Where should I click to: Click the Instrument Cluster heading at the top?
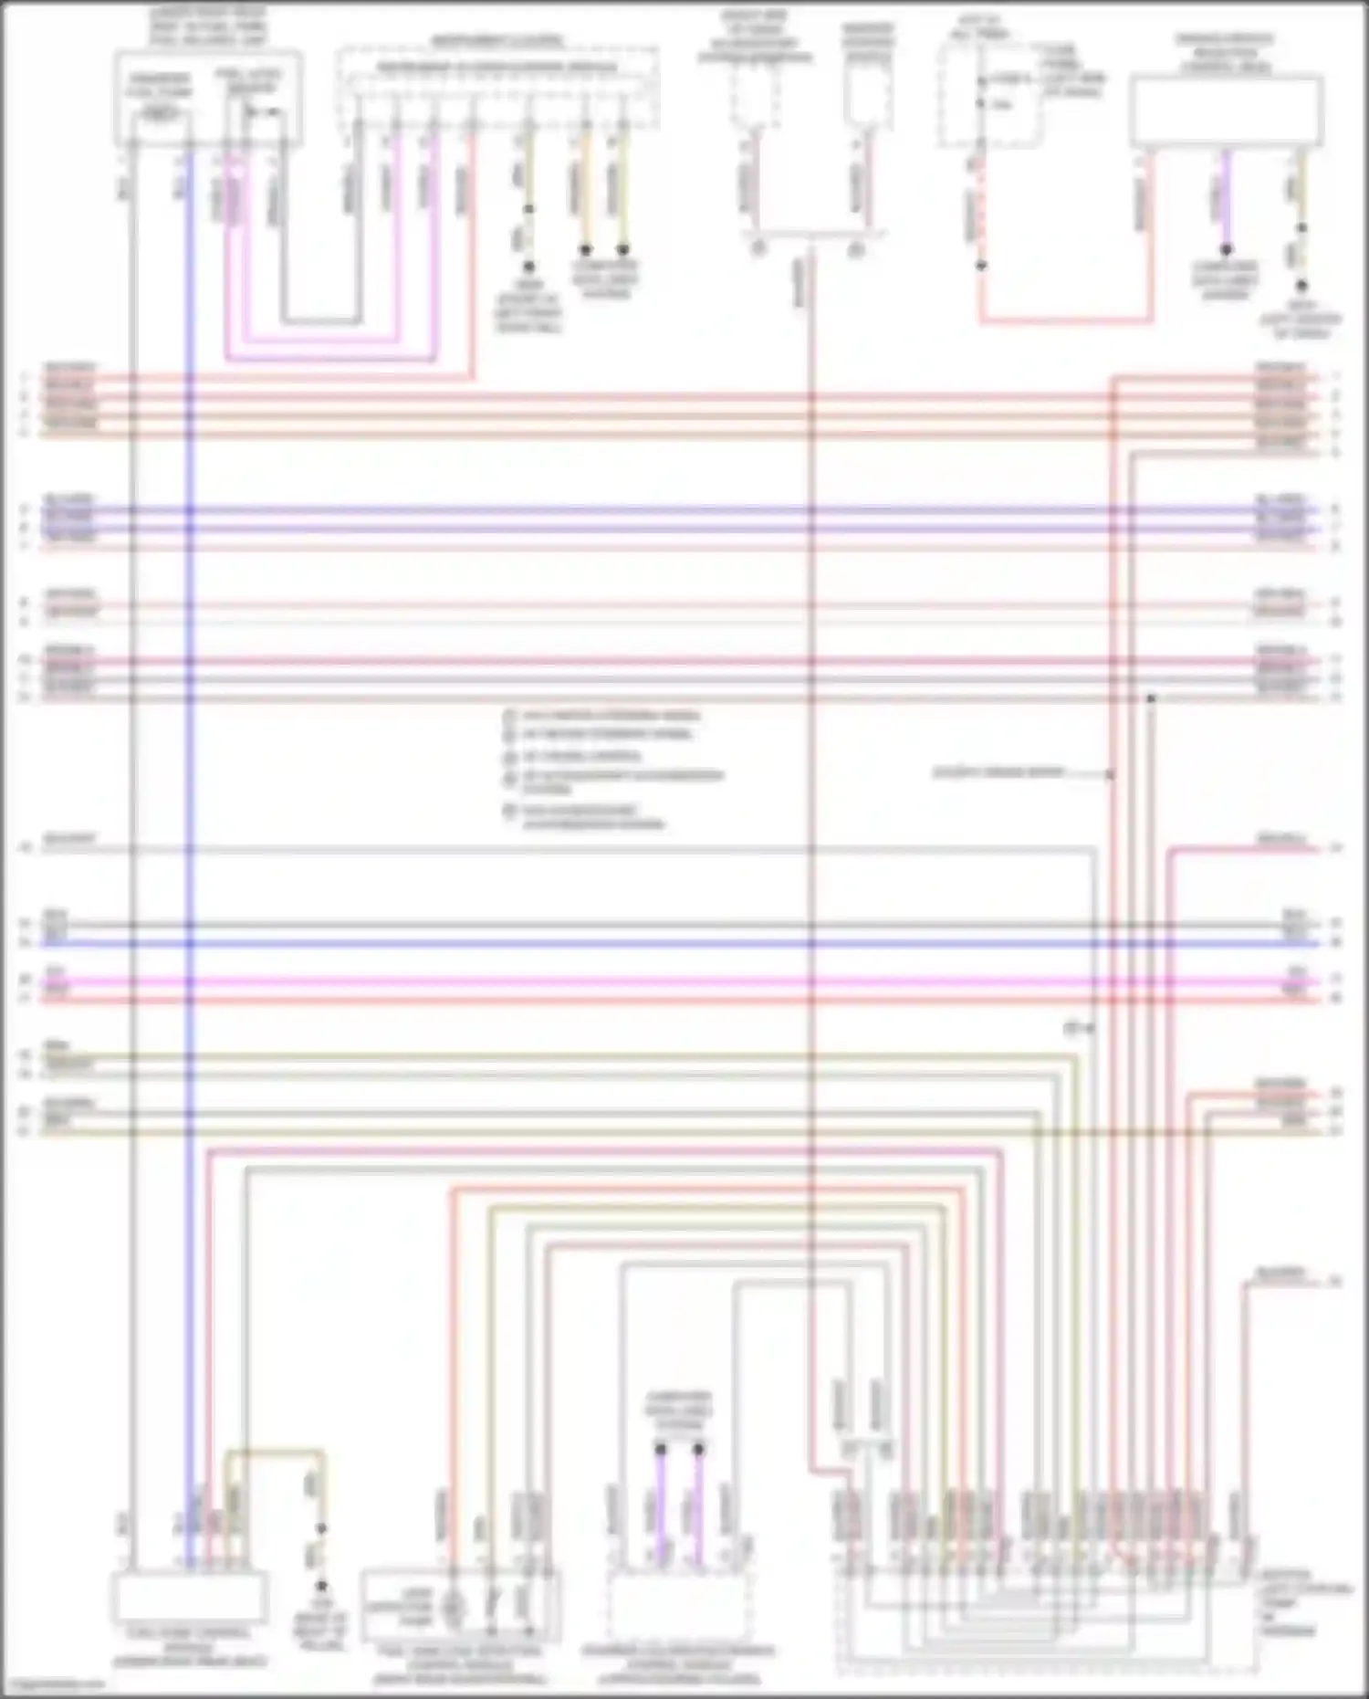(497, 41)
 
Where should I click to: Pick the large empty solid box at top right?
(1227, 112)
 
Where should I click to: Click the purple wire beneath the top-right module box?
(1226, 196)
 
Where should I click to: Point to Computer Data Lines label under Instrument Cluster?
(604, 279)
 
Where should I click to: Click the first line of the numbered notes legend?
(608, 716)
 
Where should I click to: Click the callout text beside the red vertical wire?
(998, 773)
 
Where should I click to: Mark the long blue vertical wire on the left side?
(190, 730)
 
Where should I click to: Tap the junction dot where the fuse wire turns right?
(981, 266)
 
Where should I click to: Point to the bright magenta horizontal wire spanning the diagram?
(639, 982)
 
